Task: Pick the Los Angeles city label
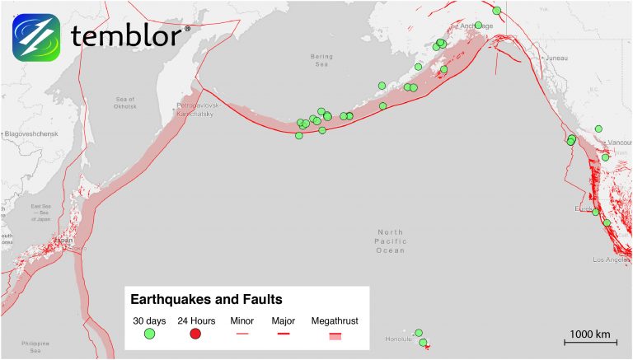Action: (x=611, y=259)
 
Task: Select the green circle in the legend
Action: (x=149, y=334)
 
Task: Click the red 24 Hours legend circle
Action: (x=195, y=334)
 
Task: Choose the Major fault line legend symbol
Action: (x=283, y=334)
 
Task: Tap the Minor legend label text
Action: (x=242, y=320)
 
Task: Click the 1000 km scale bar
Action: (x=590, y=340)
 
